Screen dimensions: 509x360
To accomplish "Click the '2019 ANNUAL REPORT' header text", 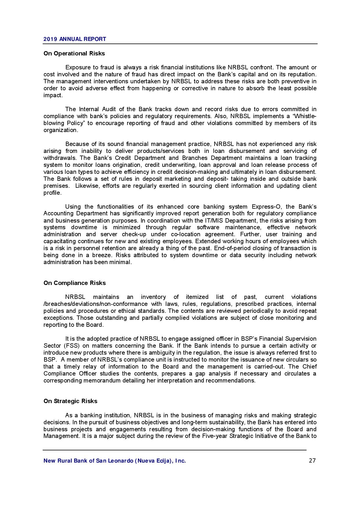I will click(x=75, y=39).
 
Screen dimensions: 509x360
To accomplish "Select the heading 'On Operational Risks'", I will click(x=74, y=53).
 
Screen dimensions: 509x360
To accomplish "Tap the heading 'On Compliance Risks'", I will click(x=75, y=283).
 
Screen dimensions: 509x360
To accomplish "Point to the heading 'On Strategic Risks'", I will click(x=70, y=401).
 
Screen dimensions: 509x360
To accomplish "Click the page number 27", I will click(x=312, y=461).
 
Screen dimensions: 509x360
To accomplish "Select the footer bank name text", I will click(x=115, y=461).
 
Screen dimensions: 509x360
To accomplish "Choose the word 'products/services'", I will click(x=161, y=151).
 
